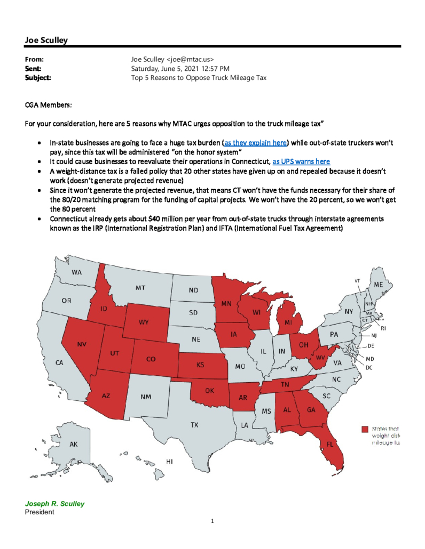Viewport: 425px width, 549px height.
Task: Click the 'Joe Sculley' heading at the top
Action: [46, 39]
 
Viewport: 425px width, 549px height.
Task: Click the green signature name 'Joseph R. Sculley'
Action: [54, 504]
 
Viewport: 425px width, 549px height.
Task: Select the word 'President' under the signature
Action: [40, 512]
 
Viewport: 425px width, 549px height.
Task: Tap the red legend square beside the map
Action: [365, 429]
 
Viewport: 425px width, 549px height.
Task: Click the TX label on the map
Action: [195, 425]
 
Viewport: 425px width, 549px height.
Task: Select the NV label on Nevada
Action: [82, 344]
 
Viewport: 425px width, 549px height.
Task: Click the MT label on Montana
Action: [140, 288]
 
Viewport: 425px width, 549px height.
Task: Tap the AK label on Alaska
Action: [74, 444]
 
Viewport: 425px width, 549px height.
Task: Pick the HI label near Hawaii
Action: [169, 462]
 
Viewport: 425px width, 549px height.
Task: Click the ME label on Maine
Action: [378, 285]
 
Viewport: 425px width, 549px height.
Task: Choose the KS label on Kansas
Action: [200, 365]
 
